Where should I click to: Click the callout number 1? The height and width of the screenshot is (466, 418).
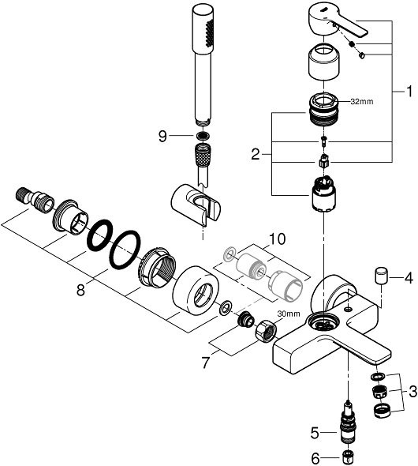point(407,91)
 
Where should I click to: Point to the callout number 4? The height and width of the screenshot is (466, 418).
point(409,278)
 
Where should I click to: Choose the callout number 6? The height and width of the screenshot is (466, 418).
point(315,457)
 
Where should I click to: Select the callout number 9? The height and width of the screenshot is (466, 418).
point(162,136)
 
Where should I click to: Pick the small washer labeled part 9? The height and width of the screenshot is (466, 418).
point(203,136)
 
